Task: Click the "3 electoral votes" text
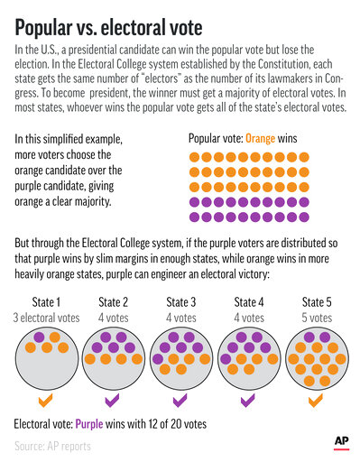click(46, 317)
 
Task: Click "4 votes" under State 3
click(180, 317)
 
